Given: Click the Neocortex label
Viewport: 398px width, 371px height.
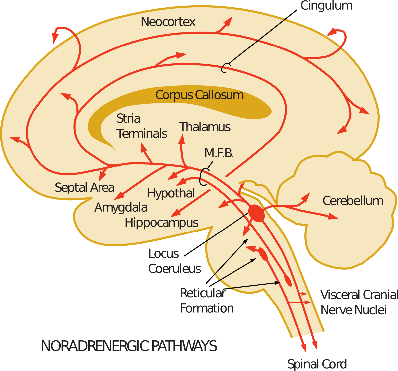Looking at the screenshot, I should point(168,22).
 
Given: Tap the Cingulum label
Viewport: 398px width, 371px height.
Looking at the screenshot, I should point(326,6).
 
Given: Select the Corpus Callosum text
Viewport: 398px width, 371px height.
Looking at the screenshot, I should point(199,95).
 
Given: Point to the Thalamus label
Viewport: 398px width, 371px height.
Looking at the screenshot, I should point(205,127).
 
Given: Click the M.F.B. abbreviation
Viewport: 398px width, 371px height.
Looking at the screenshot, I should point(219,153).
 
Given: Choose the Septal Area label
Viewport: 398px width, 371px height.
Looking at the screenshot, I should point(85,188).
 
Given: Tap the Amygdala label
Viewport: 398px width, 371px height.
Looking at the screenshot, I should point(121,208).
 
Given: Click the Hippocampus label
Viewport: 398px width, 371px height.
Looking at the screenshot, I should point(162,223).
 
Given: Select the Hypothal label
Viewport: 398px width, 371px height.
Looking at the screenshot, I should point(170,193).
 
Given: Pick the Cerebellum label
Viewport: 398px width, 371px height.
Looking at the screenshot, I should point(353,201).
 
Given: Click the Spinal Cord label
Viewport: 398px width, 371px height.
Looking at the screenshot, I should point(317,364).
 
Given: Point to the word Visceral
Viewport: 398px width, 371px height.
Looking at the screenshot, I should point(340,295).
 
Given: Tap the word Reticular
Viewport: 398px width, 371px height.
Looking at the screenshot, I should point(202,293).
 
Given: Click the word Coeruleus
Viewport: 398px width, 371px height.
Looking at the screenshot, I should point(174,269).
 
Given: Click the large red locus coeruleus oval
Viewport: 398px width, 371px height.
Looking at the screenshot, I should point(257,213).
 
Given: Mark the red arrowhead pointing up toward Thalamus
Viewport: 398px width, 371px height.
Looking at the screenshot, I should point(182,139).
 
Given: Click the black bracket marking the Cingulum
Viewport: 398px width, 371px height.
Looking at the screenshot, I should point(225,68).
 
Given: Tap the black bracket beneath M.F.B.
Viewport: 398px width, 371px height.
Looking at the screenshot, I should point(203,177).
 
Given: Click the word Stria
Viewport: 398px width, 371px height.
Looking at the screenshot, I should point(128,119).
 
